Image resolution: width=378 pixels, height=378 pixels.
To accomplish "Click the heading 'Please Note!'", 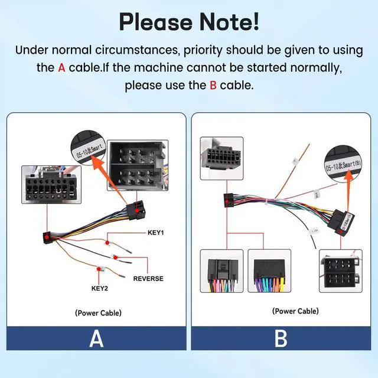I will point(189,21).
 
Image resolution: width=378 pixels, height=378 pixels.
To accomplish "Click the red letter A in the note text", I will point(61,67).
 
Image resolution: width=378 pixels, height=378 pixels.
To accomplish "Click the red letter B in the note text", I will point(213,85).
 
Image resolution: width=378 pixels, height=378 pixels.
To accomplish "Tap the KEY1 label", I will point(155,233).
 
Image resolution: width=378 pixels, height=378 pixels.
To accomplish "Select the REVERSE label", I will point(148,278).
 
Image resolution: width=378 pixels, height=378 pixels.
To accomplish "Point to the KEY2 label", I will point(101,289).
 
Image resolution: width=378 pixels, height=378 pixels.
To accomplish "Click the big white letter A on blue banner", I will point(96,339).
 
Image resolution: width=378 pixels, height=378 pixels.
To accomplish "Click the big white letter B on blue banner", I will point(281,339).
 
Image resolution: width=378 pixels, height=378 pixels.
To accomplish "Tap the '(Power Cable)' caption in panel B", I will point(295,311).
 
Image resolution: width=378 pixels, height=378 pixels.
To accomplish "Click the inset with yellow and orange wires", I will point(269,271).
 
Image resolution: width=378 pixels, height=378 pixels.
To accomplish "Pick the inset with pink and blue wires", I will point(221,271).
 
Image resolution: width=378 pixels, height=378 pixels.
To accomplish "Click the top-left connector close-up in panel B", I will point(221,158).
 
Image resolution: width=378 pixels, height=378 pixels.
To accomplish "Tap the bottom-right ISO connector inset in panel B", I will point(340,271).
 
